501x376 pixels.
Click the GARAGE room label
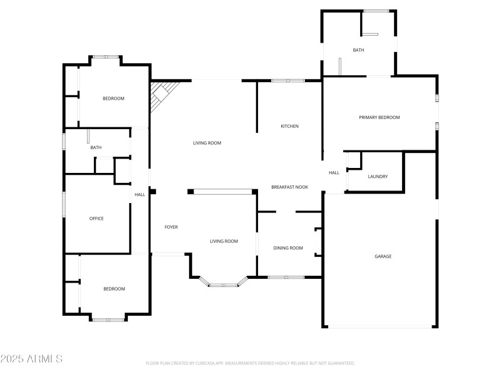[383, 256]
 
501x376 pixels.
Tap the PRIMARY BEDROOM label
[379, 117]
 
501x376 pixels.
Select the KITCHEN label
[289, 127]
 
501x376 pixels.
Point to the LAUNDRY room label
[378, 177]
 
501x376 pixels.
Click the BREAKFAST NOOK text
[289, 187]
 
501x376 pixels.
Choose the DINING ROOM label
[288, 248]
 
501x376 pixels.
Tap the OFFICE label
[96, 219]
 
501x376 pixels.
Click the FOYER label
[171, 227]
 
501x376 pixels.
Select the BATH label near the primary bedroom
[358, 50]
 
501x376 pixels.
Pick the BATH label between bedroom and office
[96, 148]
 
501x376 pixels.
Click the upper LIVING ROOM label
[207, 144]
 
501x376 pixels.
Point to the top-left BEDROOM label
[113, 98]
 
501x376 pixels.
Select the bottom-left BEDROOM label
[114, 289]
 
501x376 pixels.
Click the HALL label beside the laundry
[334, 173]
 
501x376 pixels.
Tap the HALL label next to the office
[140, 195]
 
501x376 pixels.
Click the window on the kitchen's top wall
[288, 80]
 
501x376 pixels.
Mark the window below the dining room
[286, 277]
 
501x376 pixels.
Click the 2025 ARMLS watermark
[31, 359]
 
